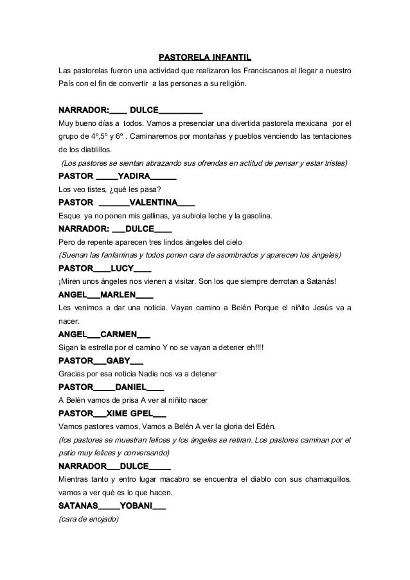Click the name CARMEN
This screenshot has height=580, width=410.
pyautogui.click(x=119, y=335)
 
